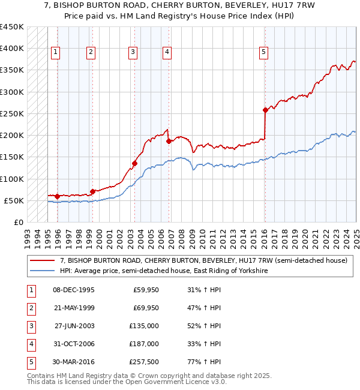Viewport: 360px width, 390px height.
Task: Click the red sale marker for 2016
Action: coord(265,110)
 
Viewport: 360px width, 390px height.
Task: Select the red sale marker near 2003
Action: coord(134,163)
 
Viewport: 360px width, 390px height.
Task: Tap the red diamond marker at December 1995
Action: coord(57,196)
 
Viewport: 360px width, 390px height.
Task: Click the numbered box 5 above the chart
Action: coord(263,52)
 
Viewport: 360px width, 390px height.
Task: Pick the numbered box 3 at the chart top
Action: coord(133,52)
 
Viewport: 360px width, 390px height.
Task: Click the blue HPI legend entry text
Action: coord(163,271)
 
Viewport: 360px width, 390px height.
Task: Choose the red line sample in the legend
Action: coord(42,260)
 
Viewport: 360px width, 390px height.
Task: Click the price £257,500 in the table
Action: coord(144,362)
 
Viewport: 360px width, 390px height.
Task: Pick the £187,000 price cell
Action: coord(144,344)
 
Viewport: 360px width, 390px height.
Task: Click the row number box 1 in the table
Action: coord(31,290)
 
